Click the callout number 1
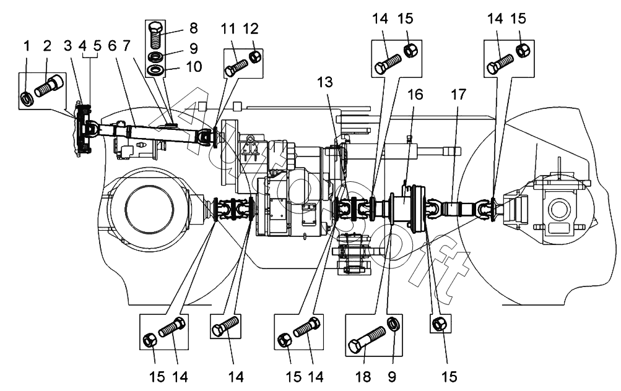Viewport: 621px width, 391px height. point(27,46)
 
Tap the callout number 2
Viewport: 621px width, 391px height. point(47,46)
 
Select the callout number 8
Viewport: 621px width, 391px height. point(194,28)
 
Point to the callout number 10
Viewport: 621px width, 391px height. point(194,66)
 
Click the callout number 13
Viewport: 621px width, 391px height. point(325,82)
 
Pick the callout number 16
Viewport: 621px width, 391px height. point(415,95)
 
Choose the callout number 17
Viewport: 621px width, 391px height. point(458,95)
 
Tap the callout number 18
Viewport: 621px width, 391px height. point(363,377)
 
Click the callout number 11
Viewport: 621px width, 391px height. point(228,29)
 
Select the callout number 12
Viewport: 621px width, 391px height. point(251,29)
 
